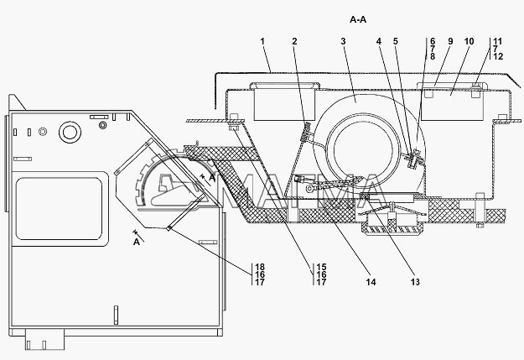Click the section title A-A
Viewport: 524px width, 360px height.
(x=358, y=20)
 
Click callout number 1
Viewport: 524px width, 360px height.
(x=262, y=41)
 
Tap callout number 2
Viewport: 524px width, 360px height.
(x=294, y=41)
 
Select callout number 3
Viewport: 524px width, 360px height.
(x=343, y=41)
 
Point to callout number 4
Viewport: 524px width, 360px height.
(x=379, y=41)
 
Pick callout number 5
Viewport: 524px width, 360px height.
(x=396, y=41)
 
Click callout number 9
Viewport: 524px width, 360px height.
(x=450, y=41)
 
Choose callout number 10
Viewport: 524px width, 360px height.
(x=470, y=41)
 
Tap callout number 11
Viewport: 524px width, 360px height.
(x=498, y=41)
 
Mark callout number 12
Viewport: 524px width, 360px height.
(x=498, y=56)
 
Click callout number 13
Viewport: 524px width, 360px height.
(x=415, y=282)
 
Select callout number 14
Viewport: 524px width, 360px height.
(x=371, y=282)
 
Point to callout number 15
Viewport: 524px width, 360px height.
(x=321, y=267)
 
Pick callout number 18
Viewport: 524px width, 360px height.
(x=260, y=267)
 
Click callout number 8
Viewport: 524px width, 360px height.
(x=433, y=56)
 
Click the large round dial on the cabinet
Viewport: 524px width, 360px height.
(x=70, y=132)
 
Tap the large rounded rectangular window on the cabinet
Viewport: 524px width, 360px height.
(x=60, y=209)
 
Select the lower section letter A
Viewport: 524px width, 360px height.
(x=137, y=242)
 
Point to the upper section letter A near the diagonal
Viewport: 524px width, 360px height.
(x=212, y=179)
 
